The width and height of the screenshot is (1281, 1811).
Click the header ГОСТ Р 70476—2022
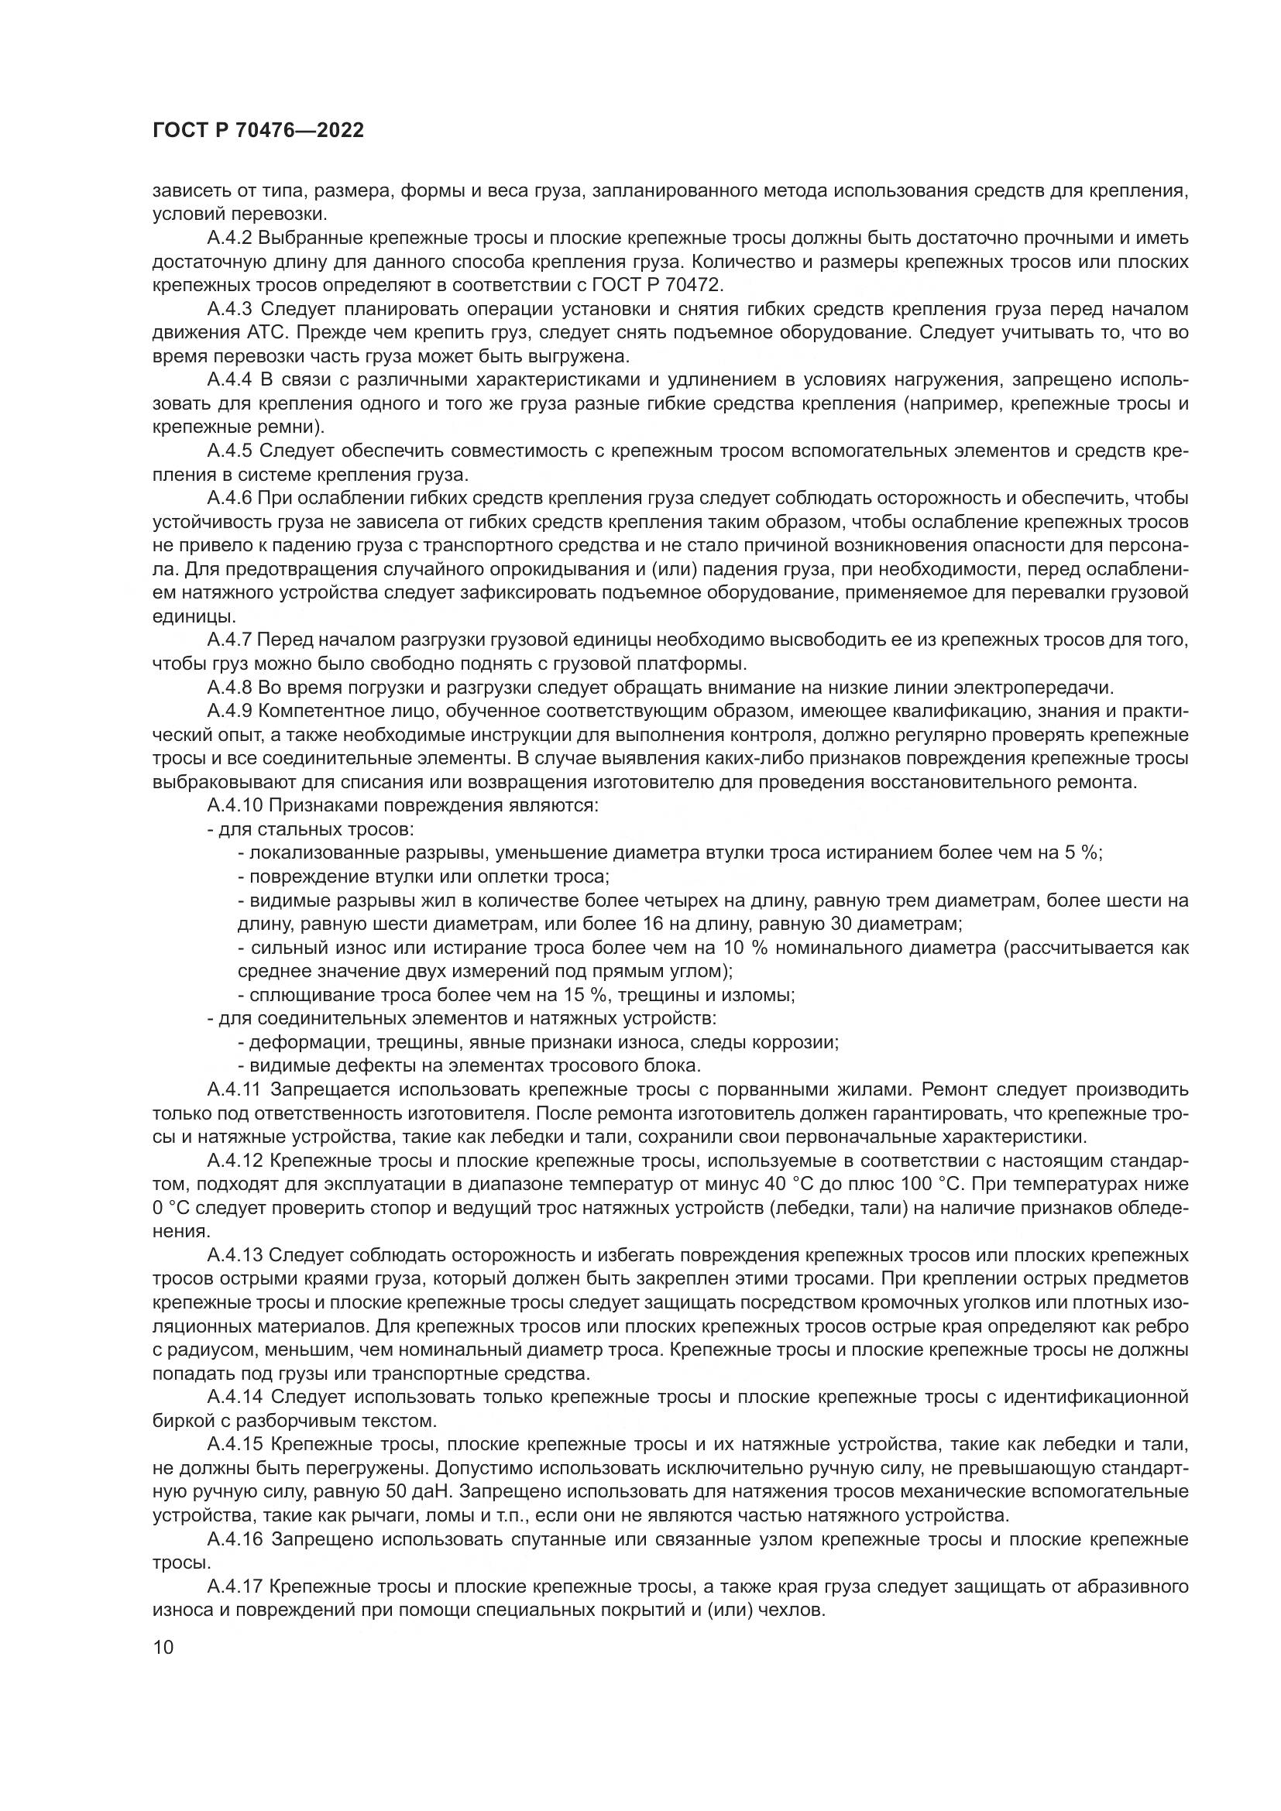point(258,131)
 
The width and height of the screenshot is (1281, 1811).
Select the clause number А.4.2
point(229,238)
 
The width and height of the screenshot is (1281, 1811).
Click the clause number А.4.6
point(229,499)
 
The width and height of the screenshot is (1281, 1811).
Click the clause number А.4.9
point(229,712)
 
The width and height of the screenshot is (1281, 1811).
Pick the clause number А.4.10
point(234,806)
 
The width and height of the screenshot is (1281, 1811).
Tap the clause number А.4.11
point(234,1090)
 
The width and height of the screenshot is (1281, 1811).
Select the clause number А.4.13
point(234,1256)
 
